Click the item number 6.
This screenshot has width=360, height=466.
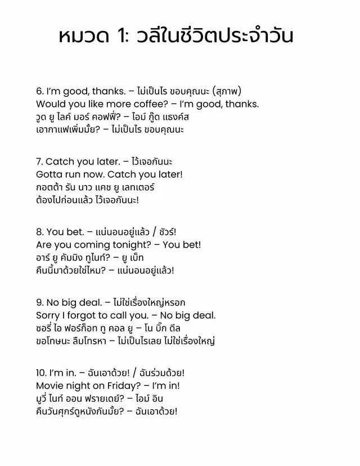tap(39, 91)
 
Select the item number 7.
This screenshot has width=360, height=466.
tap(39, 162)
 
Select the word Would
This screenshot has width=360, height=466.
tap(49, 104)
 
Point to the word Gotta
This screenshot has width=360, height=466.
tap(49, 174)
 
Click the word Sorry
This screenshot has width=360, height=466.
tap(48, 316)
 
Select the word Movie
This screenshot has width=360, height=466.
tap(50, 386)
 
